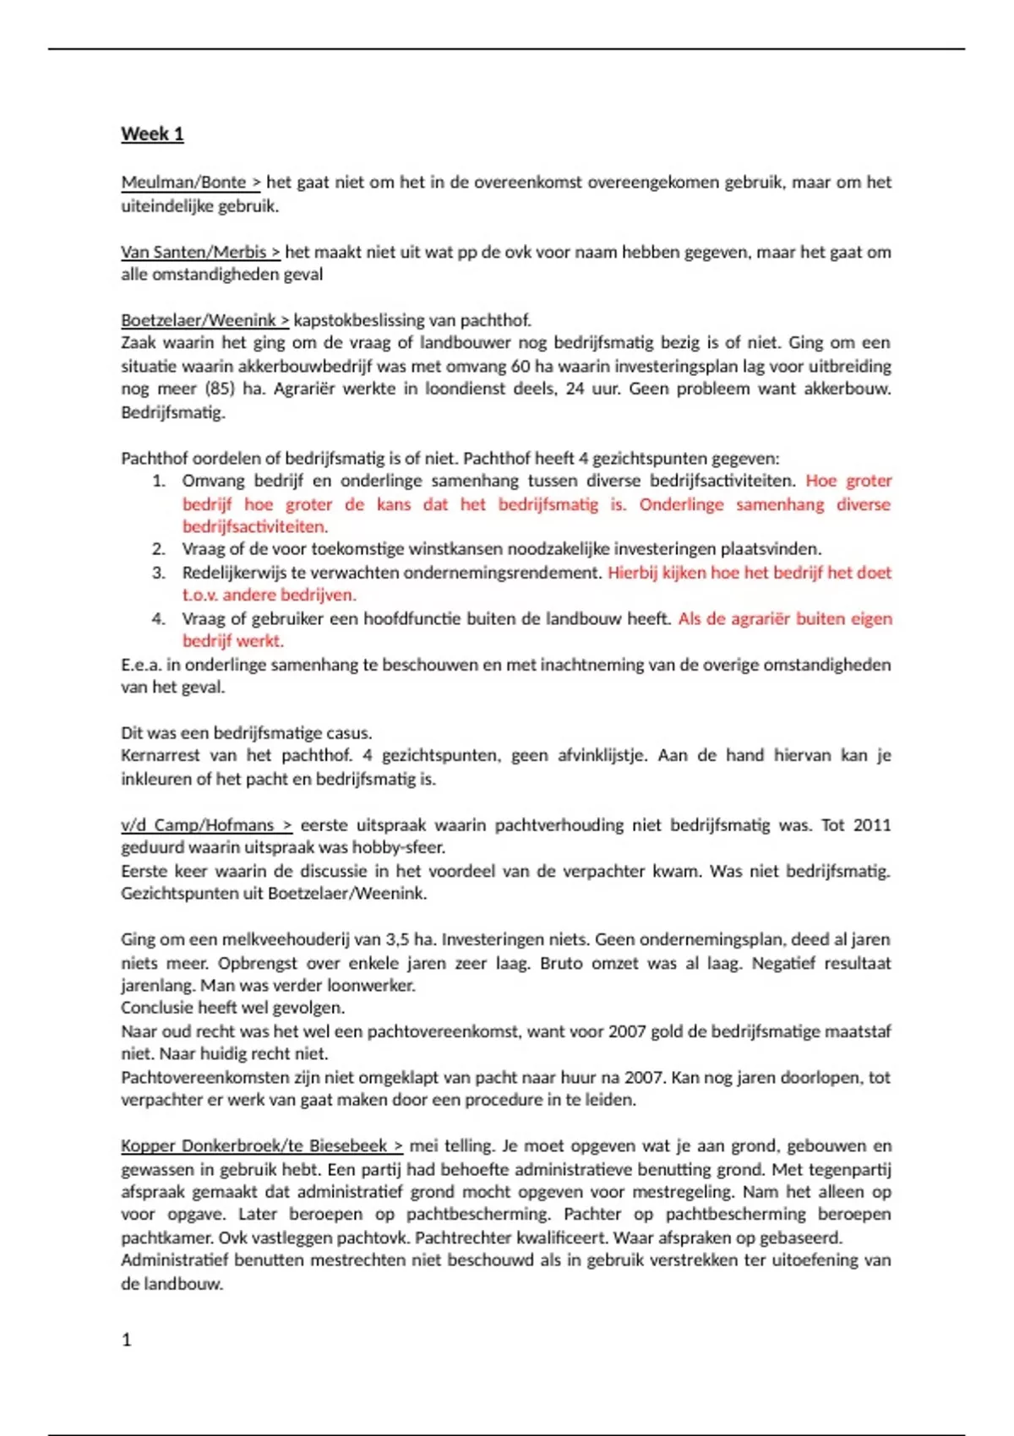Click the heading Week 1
click(152, 134)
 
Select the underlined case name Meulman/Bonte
click(183, 182)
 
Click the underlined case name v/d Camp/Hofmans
click(198, 825)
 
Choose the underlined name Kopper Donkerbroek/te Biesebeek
click(253, 1146)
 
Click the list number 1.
click(158, 481)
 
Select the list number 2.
click(158, 549)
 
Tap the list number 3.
click(158, 573)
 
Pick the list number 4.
click(158, 619)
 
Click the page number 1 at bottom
click(127, 1340)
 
